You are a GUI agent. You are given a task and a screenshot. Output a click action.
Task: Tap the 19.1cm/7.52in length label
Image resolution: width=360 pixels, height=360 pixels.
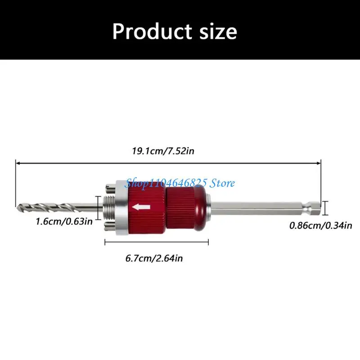163,151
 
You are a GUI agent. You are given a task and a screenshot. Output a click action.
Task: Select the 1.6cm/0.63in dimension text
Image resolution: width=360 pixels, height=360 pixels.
65,221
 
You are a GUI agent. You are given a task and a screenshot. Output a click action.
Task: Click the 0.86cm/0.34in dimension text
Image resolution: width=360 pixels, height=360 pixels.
320,225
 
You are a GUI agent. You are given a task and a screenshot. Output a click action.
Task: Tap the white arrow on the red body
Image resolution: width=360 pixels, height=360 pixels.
141,207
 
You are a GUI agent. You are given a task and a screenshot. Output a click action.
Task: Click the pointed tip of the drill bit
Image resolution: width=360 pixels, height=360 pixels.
18,207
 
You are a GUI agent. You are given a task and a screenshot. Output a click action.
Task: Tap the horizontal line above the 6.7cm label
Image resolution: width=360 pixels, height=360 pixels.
157,243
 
